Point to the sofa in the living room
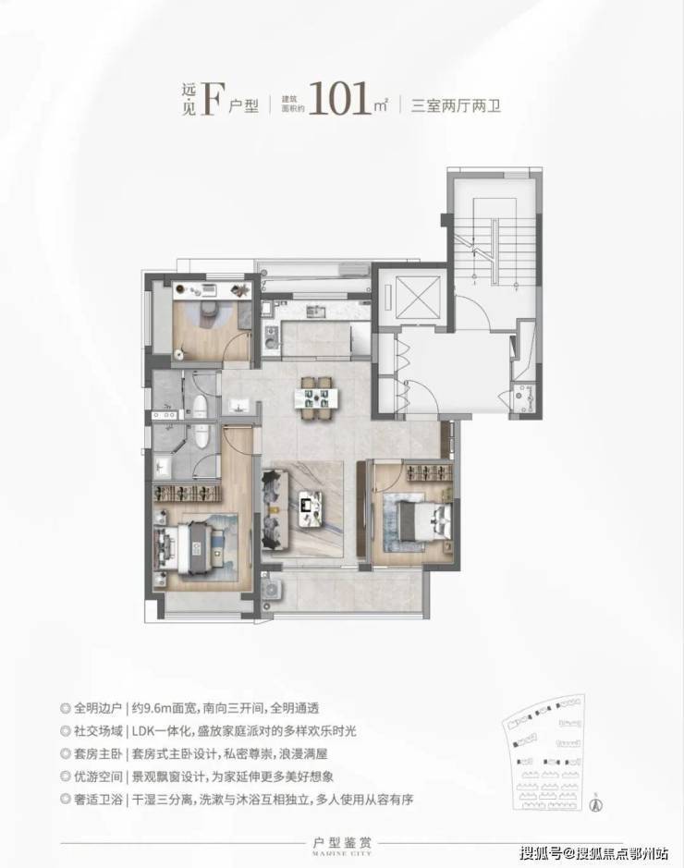tap(272, 507)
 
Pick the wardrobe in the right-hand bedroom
tap(423, 473)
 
